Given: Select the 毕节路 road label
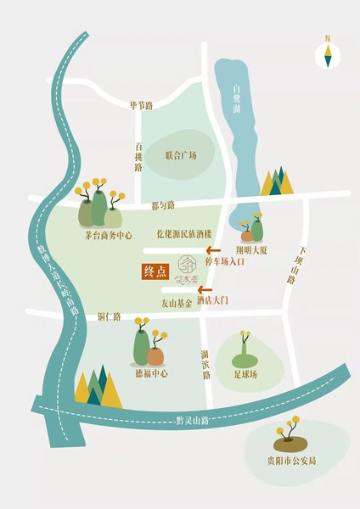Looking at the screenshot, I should click(x=141, y=105).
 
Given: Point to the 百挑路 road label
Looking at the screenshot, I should click(x=138, y=157).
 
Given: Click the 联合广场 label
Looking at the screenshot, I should click(x=181, y=156).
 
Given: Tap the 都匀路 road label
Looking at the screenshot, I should click(x=162, y=205).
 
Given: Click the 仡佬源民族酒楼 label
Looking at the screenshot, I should click(x=183, y=233).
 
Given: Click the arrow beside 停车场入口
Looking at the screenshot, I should click(x=217, y=251).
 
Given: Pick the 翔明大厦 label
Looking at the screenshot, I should click(x=253, y=251).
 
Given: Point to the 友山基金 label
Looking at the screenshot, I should click(x=177, y=302).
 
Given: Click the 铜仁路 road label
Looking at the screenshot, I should click(x=87, y=315).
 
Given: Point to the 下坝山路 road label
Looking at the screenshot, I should click(x=296, y=266).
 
